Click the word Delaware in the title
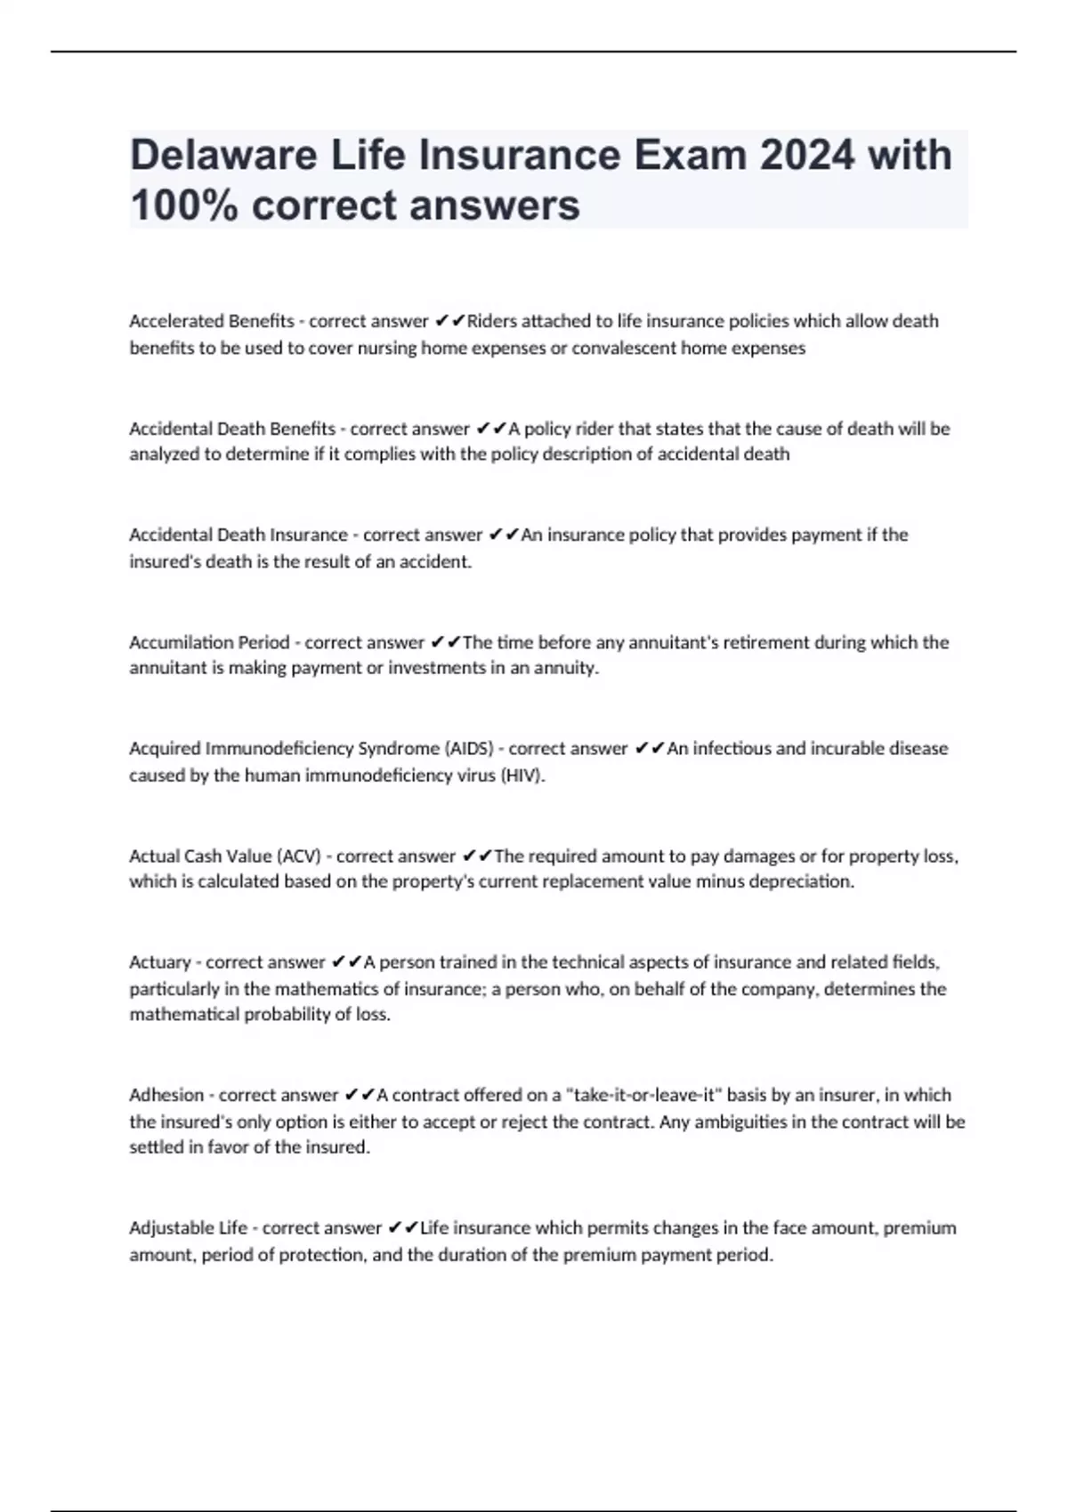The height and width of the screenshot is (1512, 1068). click(x=223, y=155)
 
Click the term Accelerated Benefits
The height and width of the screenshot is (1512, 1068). click(x=212, y=321)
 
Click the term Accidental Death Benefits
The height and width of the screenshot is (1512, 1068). click(x=232, y=429)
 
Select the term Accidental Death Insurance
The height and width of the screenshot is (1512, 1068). click(x=239, y=535)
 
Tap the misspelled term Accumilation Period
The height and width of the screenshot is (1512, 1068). click(x=209, y=642)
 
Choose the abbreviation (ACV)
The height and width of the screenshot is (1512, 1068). click(x=299, y=856)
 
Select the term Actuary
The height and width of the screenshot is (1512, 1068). click(x=160, y=962)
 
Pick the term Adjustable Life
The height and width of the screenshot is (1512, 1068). click(x=188, y=1228)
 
